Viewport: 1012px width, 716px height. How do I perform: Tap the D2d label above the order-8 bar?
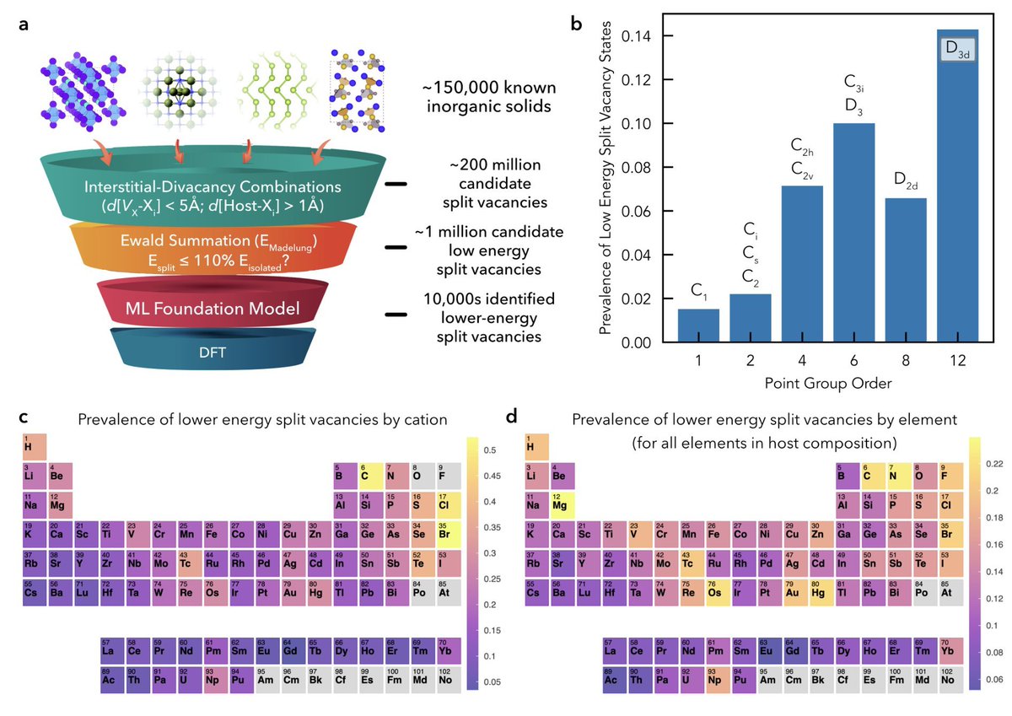(x=904, y=179)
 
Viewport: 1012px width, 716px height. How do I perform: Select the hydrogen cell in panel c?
(x=34, y=447)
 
